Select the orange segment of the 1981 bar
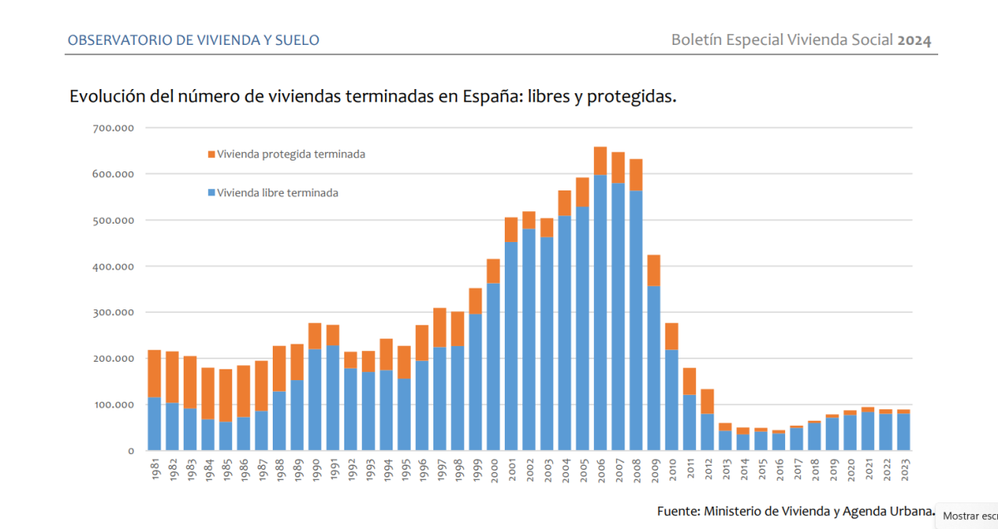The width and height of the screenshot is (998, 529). coord(154,373)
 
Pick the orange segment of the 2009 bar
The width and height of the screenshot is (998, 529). coord(654,270)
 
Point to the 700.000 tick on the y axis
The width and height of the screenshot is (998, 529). coord(115,128)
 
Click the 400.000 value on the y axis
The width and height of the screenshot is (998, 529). coord(115,266)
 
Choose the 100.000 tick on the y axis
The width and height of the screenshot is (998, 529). coord(115,404)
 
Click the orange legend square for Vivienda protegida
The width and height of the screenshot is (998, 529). coord(211,155)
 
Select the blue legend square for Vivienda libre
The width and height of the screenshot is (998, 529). coord(211,193)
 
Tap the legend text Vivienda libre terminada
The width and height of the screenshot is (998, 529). coord(278,193)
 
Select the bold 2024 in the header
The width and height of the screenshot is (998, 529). coord(914,40)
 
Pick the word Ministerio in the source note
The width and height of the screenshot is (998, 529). coord(739,511)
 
